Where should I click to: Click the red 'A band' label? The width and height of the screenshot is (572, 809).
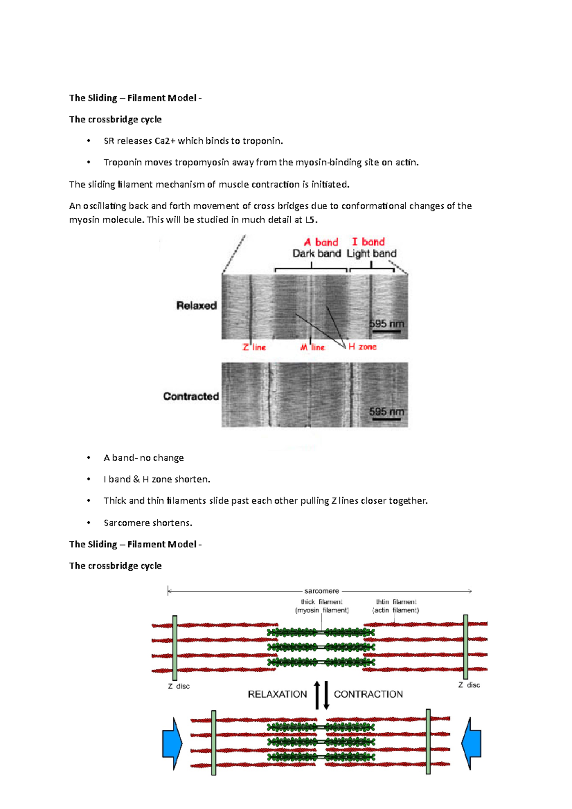(x=321, y=242)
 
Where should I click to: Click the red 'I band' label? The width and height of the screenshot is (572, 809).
(x=368, y=242)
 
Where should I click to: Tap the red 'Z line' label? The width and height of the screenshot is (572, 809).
(x=254, y=347)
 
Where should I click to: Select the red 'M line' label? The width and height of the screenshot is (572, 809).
(x=313, y=347)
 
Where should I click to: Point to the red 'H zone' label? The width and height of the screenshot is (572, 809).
(x=362, y=347)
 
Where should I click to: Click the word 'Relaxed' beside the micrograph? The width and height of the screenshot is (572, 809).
(x=196, y=305)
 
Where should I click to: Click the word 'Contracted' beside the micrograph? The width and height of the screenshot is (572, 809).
(x=191, y=396)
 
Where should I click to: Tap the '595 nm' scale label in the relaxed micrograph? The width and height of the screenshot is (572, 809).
(x=387, y=324)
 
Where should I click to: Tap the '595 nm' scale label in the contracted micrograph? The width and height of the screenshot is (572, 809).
(x=387, y=412)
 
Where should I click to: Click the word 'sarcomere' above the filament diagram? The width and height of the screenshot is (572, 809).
(x=322, y=591)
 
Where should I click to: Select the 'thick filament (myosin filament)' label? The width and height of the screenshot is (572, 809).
(x=322, y=606)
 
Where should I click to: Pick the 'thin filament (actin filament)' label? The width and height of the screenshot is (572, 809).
(x=396, y=606)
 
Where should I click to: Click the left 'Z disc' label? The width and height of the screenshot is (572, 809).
(x=179, y=686)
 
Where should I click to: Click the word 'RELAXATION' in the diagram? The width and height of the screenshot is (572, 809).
(x=277, y=694)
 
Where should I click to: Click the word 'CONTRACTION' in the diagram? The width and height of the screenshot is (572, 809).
(x=368, y=694)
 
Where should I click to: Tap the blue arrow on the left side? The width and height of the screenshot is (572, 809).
(x=172, y=743)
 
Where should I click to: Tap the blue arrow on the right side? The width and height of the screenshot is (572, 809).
(x=471, y=743)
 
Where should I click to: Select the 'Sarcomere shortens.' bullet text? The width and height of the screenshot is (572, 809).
(x=148, y=523)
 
